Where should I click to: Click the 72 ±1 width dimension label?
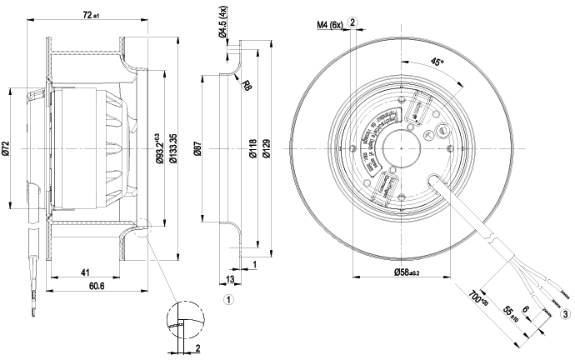pyautogui.click(x=91, y=14)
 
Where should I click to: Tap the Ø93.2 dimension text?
pyautogui.click(x=159, y=146)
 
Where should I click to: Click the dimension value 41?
pyautogui.click(x=85, y=272)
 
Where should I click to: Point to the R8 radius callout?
pyautogui.click(x=247, y=84)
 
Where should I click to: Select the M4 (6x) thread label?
pyautogui.click(x=329, y=24)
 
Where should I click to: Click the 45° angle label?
pyautogui.click(x=438, y=62)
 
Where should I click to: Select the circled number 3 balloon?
pyautogui.click(x=566, y=313)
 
